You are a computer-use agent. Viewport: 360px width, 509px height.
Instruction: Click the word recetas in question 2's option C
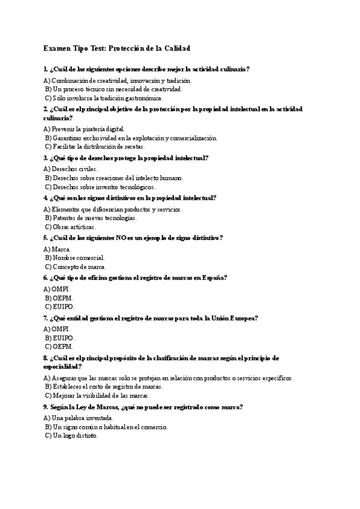point(133,146)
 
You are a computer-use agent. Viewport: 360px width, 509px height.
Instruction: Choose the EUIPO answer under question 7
point(63,338)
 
